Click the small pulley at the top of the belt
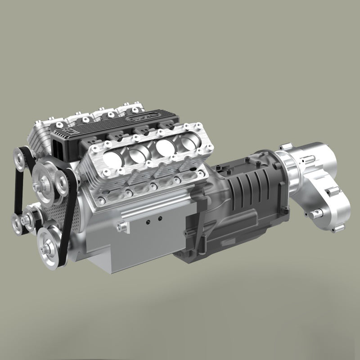point(21,157)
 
